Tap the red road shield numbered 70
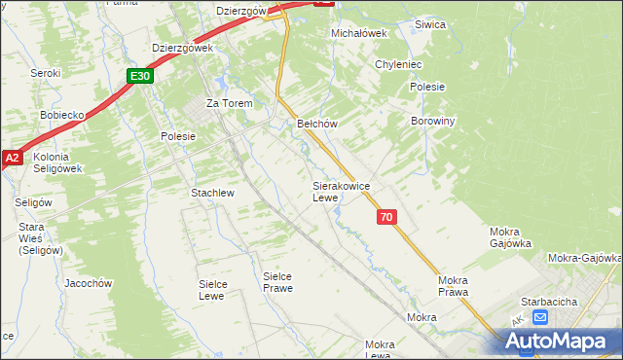pyautogui.click(x=387, y=218)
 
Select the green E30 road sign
pyautogui.click(x=140, y=75)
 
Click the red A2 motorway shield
pyautogui.click(x=12, y=157)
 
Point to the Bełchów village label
pyautogui.click(x=316, y=125)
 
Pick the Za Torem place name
pyautogui.click(x=229, y=103)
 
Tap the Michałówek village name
pyautogui.click(x=359, y=33)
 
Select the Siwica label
pyautogui.click(x=429, y=24)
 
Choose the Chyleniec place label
pyautogui.click(x=398, y=64)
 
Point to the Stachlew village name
pyautogui.click(x=212, y=193)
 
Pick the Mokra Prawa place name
pyautogui.click(x=453, y=286)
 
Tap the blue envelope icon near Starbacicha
pyautogui.click(x=540, y=318)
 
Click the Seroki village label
pyautogui.click(x=45, y=73)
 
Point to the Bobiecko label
pyautogui.click(x=63, y=115)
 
